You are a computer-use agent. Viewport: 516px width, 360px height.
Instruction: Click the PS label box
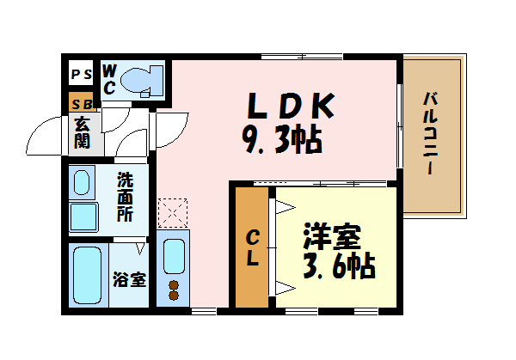pyautogui.click(x=82, y=74)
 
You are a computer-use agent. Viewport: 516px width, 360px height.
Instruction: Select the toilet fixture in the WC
pyautogui.click(x=142, y=81)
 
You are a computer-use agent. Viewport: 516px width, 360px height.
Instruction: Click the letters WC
pyautogui.click(x=109, y=80)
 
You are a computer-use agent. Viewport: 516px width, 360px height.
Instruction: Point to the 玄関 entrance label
pyautogui.click(x=82, y=132)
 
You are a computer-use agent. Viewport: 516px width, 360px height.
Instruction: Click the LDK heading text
pyautogui.click(x=291, y=106)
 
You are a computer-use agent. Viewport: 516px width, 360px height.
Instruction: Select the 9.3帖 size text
pyautogui.click(x=282, y=139)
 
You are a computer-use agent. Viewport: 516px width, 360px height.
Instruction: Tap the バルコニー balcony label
pyautogui.click(x=431, y=133)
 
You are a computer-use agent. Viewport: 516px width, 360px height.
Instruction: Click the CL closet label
pyautogui.click(x=253, y=247)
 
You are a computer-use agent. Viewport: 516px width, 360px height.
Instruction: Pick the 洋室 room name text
pyautogui.click(x=332, y=236)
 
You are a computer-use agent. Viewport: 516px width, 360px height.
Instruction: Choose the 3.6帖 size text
pyautogui.click(x=339, y=265)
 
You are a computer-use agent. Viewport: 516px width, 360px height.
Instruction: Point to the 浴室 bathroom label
pyautogui.click(x=129, y=279)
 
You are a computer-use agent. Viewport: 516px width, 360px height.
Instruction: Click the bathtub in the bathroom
pyautogui.click(x=87, y=276)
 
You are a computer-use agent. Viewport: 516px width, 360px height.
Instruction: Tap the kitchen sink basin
pyautogui.click(x=174, y=256)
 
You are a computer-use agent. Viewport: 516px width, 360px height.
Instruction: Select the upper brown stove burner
pyautogui.click(x=174, y=285)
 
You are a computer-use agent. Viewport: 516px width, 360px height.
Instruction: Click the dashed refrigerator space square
pyautogui.click(x=173, y=213)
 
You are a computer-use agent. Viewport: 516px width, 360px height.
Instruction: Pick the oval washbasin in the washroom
pyautogui.click(x=82, y=182)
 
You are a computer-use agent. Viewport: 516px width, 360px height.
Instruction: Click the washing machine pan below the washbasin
pyautogui.click(x=83, y=217)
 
